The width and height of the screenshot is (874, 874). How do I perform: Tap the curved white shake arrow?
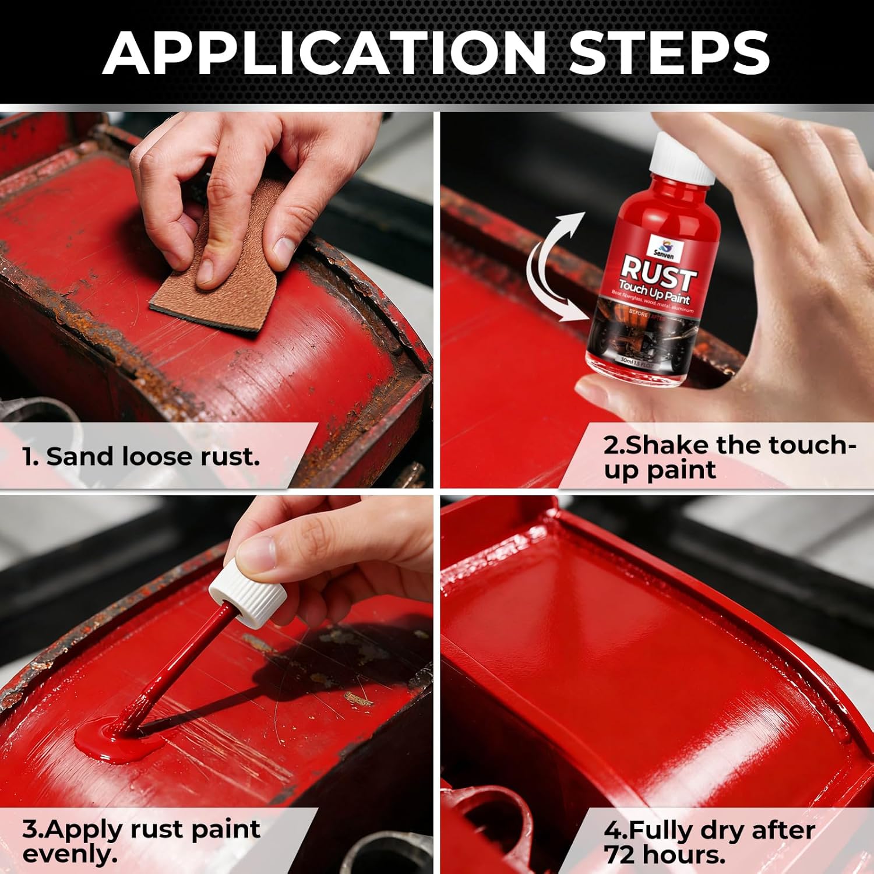(554, 268)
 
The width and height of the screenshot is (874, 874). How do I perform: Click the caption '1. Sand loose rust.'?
(141, 456)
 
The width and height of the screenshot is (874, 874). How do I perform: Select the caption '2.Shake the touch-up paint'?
(728, 457)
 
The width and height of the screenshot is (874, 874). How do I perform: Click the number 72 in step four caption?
(620, 855)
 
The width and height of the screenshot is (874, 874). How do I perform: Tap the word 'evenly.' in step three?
(70, 855)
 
